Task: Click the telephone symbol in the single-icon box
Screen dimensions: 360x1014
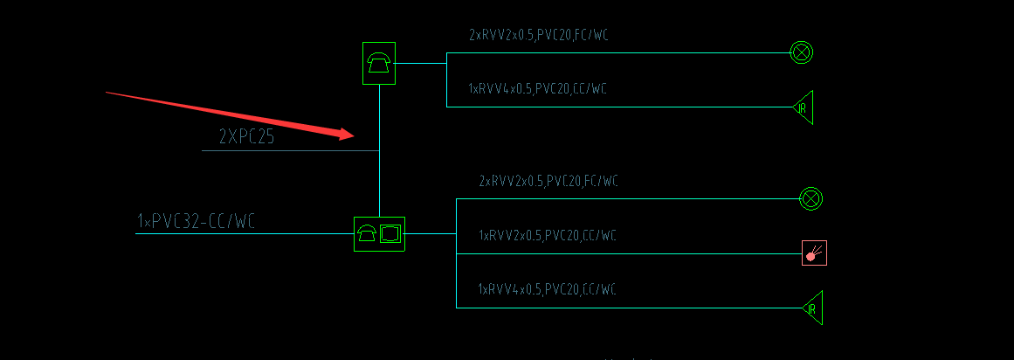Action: tap(379, 63)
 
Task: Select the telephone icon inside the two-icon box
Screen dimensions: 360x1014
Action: tap(367, 233)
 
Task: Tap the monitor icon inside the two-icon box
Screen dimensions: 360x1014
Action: tap(390, 233)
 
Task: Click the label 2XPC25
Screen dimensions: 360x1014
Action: tap(246, 137)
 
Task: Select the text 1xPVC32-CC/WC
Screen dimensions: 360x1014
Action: tap(196, 222)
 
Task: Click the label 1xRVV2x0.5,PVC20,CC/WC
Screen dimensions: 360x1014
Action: tap(548, 236)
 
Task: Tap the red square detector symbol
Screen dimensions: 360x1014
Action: tap(814, 253)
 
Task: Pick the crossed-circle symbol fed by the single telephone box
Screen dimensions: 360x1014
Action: tap(800, 52)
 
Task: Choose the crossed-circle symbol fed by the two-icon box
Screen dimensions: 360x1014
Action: tap(811, 198)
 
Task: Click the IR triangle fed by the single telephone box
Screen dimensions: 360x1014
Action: tap(803, 107)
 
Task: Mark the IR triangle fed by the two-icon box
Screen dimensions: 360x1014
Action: tap(812, 308)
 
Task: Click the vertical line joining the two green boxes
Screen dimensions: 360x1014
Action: tap(379, 175)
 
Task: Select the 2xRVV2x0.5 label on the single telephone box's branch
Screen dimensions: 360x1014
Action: tap(538, 35)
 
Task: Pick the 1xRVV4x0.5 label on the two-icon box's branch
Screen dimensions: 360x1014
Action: tap(547, 289)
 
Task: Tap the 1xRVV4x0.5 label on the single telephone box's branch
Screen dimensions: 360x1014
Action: tap(538, 89)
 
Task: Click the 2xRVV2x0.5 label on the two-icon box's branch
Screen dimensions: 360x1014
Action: tap(548, 182)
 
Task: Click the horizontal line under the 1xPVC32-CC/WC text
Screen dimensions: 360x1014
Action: tap(236, 233)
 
